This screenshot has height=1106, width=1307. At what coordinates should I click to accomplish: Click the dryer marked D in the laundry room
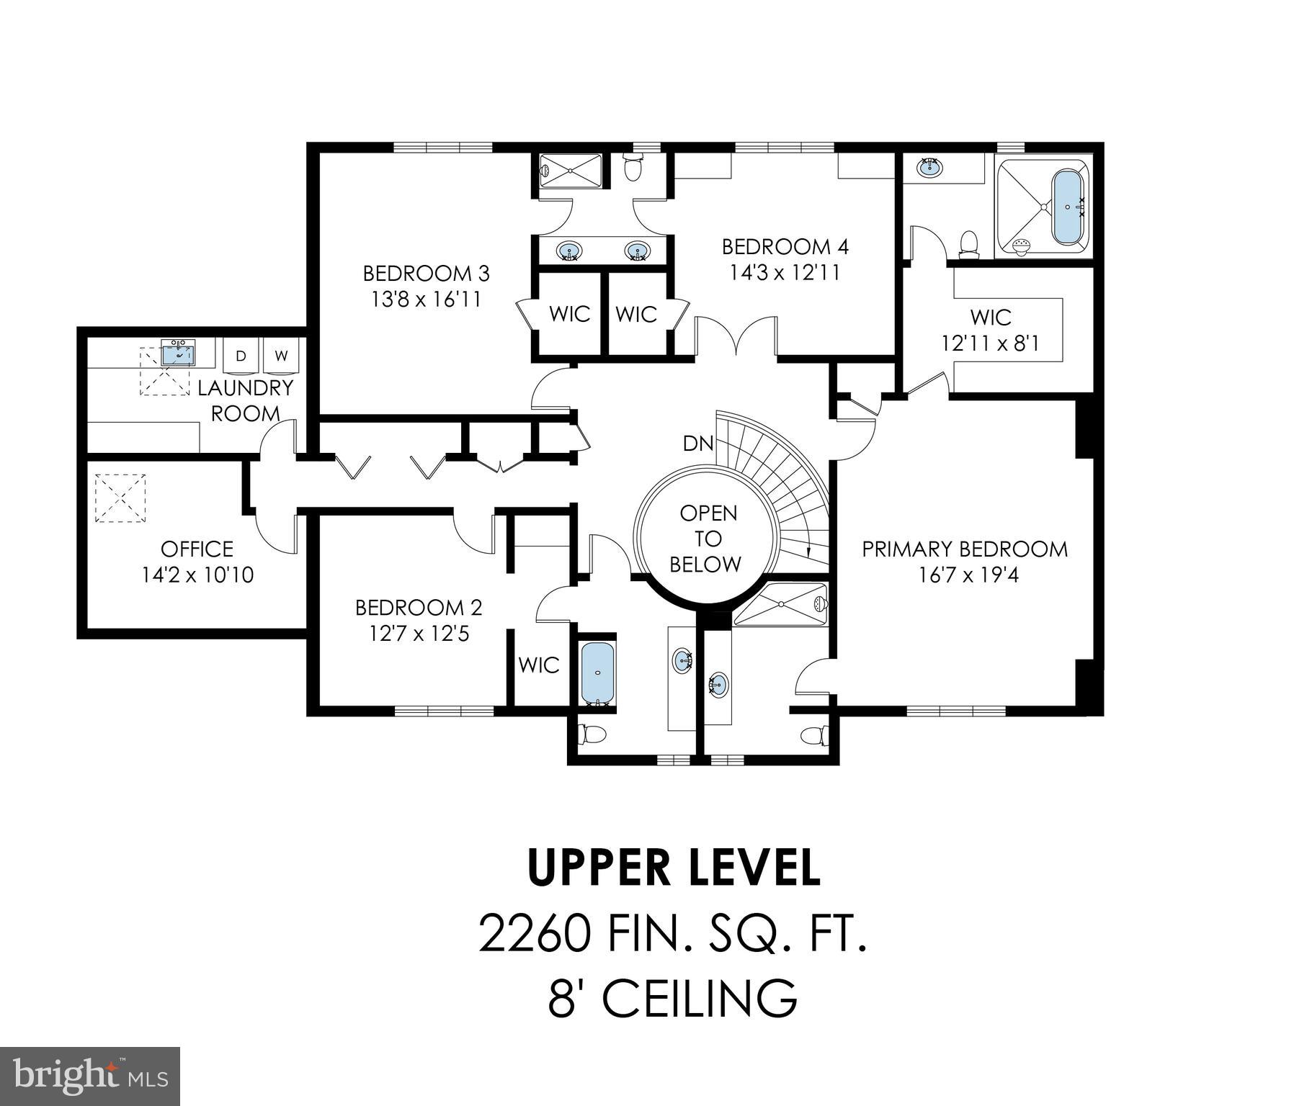pos(241,356)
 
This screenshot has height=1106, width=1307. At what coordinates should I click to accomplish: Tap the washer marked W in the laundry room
pos(282,356)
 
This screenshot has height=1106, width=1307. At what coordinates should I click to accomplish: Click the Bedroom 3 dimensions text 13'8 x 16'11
pos(426,300)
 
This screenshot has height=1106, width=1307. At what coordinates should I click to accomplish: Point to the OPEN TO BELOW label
pos(708,539)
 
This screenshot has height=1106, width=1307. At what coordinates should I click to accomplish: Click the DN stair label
pos(697,444)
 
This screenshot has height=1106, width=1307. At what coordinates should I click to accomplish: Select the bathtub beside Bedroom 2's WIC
pos(597,673)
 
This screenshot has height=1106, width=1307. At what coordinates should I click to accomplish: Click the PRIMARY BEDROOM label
pos(965,549)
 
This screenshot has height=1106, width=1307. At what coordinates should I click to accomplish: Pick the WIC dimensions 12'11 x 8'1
pos(990,343)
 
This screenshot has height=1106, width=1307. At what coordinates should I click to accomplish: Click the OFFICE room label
pos(197,549)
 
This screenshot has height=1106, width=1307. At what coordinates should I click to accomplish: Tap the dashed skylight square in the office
pos(120,498)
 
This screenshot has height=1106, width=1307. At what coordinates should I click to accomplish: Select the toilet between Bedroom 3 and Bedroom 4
pos(633,167)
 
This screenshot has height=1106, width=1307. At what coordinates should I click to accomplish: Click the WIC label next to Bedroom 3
pos(569,314)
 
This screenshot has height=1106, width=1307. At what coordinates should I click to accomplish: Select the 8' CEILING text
pos(673,997)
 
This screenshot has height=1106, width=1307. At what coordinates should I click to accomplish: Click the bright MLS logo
pos(90,1076)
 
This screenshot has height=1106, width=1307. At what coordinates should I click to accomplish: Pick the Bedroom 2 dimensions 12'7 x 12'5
pos(419,634)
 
